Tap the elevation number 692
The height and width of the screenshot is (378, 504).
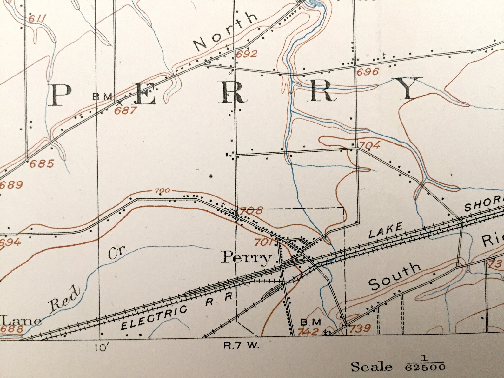(247, 54)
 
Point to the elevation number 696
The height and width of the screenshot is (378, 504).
(368, 72)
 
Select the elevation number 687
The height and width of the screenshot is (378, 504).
(126, 110)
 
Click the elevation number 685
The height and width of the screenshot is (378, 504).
(42, 164)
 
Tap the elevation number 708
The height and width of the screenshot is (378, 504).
(251, 211)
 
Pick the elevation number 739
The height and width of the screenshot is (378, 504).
(360, 328)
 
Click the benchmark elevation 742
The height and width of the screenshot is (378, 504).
(308, 332)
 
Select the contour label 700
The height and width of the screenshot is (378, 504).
(162, 191)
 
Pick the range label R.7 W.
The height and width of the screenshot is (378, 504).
(242, 346)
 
